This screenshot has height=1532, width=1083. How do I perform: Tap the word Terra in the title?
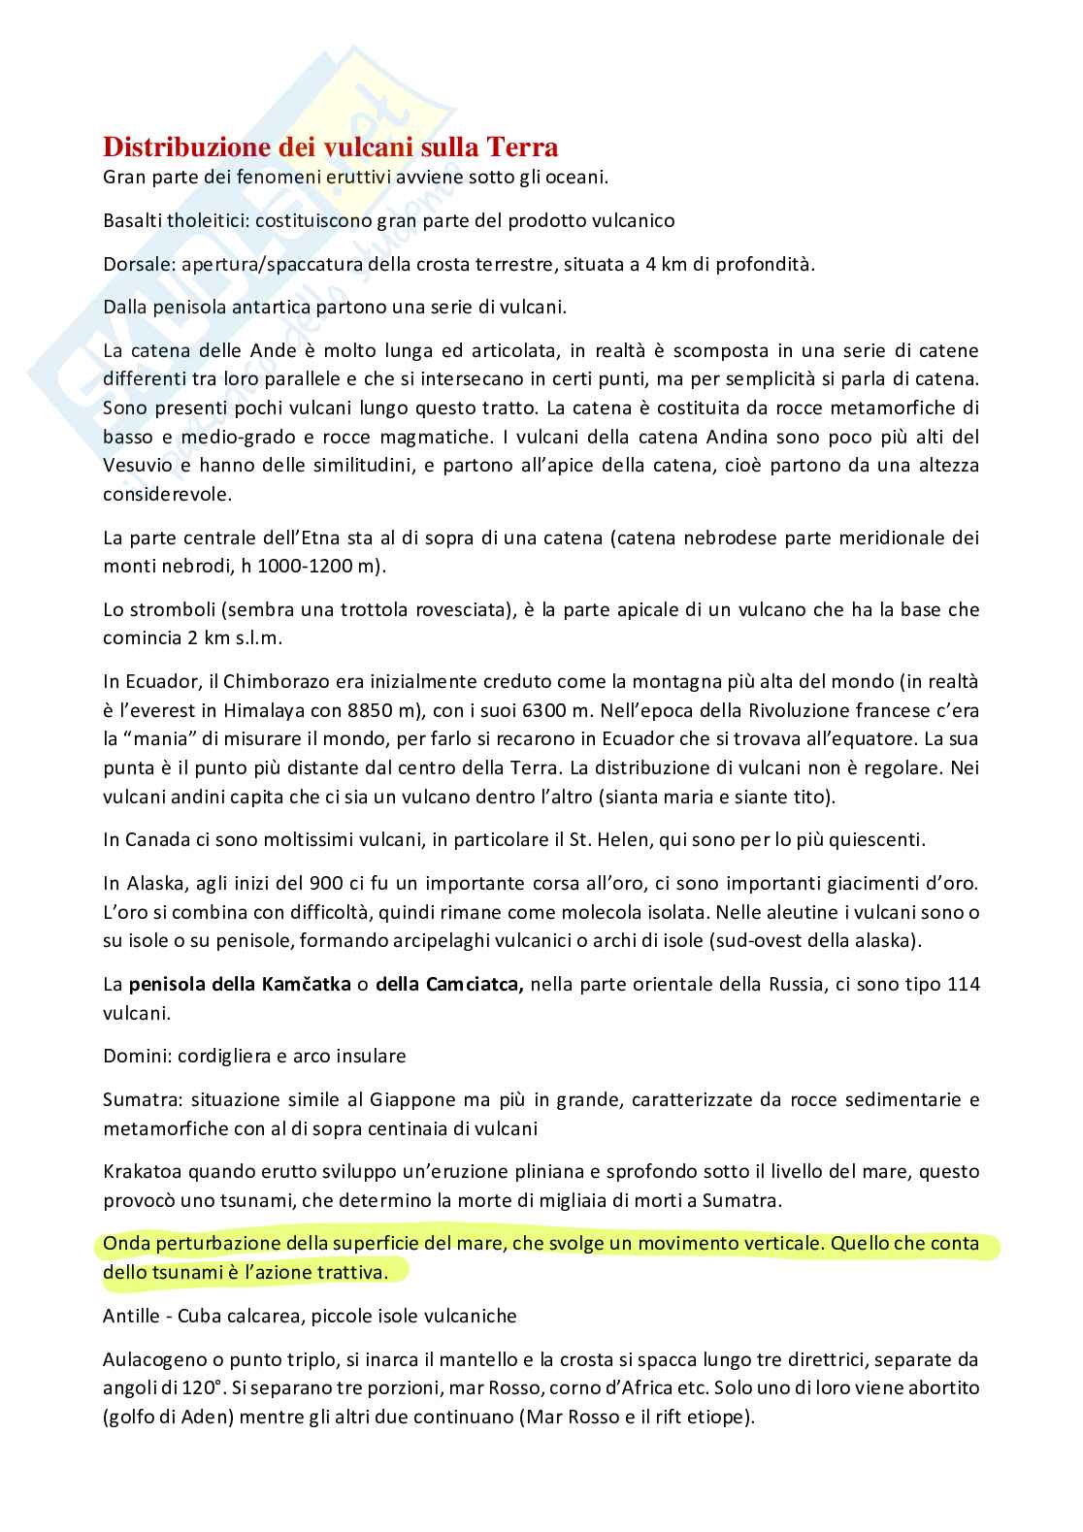(523, 147)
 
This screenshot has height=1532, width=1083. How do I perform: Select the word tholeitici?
(208, 220)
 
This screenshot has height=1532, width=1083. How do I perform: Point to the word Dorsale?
(132, 264)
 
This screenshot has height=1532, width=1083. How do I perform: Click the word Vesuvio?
(135, 465)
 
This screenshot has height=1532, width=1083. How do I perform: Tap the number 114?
(961, 985)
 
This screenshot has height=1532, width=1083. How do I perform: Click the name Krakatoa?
(142, 1171)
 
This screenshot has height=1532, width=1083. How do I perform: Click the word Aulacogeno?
(150, 1358)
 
